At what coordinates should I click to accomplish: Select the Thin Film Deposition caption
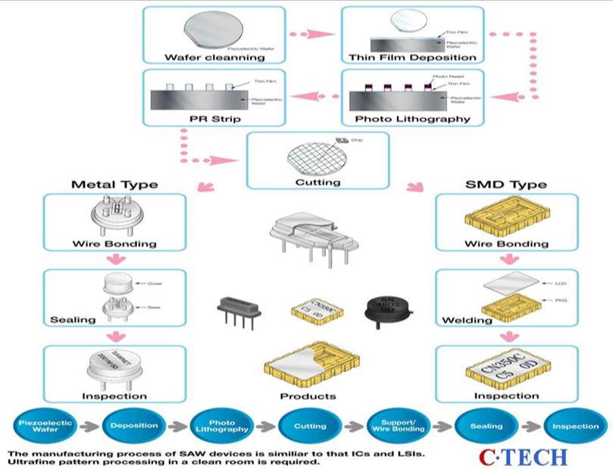pos(405,58)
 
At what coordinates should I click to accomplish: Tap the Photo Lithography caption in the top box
pos(401,119)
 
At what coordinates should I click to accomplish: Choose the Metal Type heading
pos(114,184)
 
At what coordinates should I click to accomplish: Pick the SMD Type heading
pos(496,184)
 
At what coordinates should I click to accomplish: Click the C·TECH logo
pos(522,457)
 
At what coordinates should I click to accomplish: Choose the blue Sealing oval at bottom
pos(486,426)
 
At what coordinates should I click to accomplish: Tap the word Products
pos(308,396)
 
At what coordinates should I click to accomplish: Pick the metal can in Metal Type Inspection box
pos(113,367)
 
